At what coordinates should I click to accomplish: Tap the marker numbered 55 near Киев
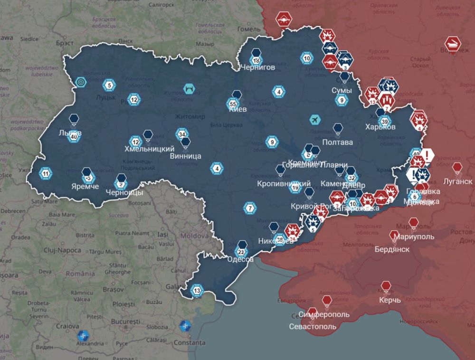click(233, 104)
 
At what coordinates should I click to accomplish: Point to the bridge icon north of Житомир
click(189, 88)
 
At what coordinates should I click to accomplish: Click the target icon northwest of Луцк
click(81, 82)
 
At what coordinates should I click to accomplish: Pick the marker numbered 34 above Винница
click(181, 134)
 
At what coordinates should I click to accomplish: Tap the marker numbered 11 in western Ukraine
click(46, 174)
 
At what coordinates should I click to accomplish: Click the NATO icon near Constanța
click(184, 326)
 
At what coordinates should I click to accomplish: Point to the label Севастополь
click(313, 327)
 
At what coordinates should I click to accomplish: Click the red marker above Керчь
click(386, 286)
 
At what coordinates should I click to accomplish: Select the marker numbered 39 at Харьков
click(384, 121)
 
